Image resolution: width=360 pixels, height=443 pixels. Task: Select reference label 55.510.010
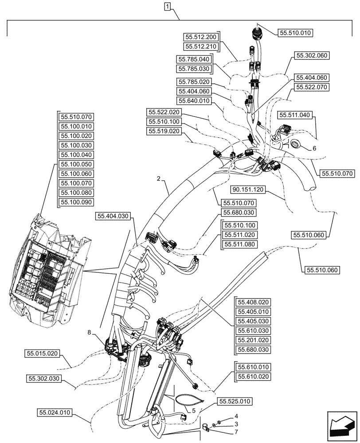(x=296, y=32)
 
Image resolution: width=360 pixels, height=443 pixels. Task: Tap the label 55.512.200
(x=201, y=37)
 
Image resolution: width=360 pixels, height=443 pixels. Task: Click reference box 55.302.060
(x=311, y=56)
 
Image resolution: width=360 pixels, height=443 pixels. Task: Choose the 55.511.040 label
(x=295, y=115)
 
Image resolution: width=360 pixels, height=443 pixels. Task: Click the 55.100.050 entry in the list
(x=75, y=164)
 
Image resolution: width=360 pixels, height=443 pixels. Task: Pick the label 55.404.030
(x=113, y=216)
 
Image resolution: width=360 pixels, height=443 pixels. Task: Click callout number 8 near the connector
(x=103, y=332)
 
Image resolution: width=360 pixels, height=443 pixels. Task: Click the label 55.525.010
(x=235, y=401)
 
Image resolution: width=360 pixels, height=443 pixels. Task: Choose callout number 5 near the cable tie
(x=194, y=411)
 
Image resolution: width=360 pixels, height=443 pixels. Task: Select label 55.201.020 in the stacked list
(x=254, y=340)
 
